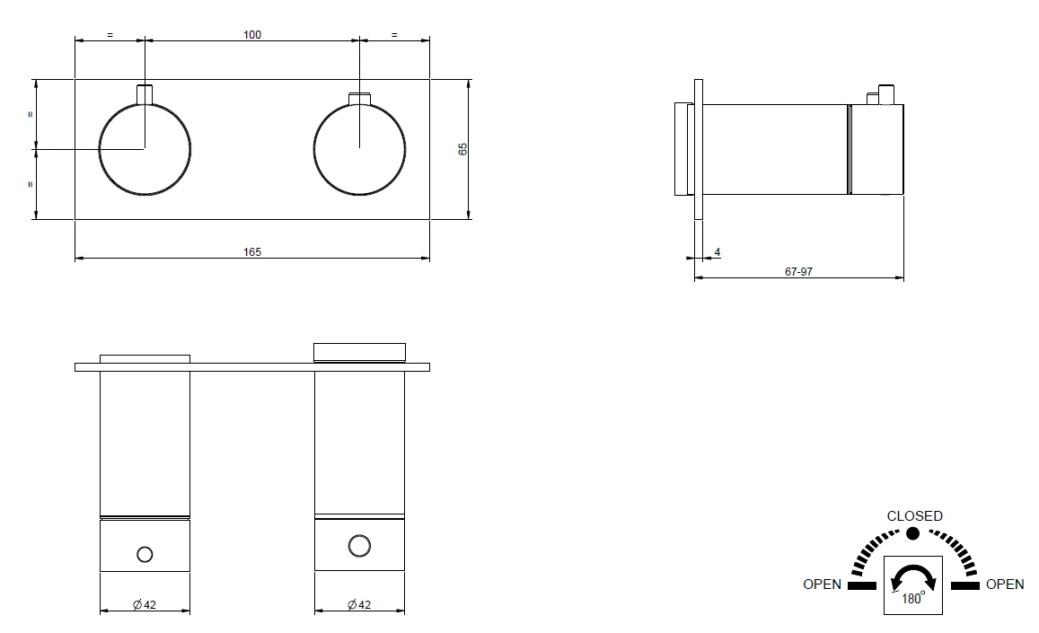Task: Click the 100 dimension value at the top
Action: [x=251, y=34]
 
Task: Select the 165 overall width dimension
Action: [x=251, y=252]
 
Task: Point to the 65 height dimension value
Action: [x=462, y=149]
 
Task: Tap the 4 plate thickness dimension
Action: [x=717, y=252]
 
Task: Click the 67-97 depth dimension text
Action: [x=797, y=272]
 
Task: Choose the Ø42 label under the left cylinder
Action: [x=145, y=604]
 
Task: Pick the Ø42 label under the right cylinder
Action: [x=359, y=604]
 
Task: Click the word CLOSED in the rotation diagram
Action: [x=914, y=515]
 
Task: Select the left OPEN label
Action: [x=822, y=584]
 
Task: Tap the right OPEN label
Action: [x=1005, y=584]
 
